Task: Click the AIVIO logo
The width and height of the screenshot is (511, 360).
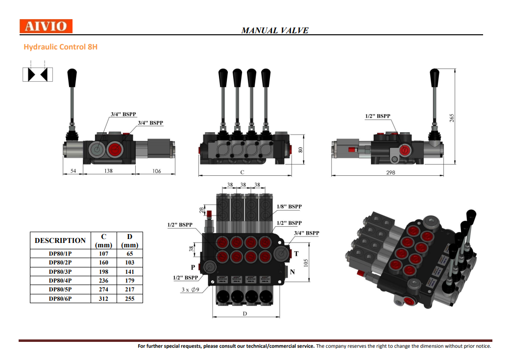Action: (46, 26)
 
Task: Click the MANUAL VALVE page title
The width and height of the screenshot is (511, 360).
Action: (275, 30)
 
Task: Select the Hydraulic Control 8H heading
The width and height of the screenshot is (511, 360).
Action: (61, 47)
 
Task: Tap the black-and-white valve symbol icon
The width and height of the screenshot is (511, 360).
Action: (38, 74)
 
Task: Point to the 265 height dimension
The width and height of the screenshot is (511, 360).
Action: (452, 118)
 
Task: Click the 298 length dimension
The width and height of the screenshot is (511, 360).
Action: (390, 172)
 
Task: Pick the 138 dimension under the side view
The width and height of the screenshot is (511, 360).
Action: (108, 171)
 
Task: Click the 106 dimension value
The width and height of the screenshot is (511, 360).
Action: (156, 171)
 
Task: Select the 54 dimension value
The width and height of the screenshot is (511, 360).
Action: (73, 171)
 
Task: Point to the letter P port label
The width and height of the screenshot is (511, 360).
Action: (193, 267)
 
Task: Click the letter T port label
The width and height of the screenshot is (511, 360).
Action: (296, 254)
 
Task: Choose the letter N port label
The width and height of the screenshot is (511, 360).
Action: (292, 272)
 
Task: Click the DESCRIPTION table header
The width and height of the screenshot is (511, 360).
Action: (60, 240)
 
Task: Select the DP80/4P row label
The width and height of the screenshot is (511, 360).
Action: (60, 281)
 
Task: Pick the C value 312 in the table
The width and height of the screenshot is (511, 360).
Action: (103, 298)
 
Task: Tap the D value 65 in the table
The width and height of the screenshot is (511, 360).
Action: (130, 254)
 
